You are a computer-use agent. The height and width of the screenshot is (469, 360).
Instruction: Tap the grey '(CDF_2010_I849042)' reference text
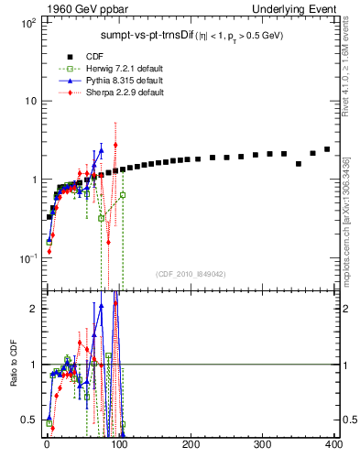[x=190, y=273]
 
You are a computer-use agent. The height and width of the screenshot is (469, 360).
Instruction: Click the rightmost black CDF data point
[x=327, y=148]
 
